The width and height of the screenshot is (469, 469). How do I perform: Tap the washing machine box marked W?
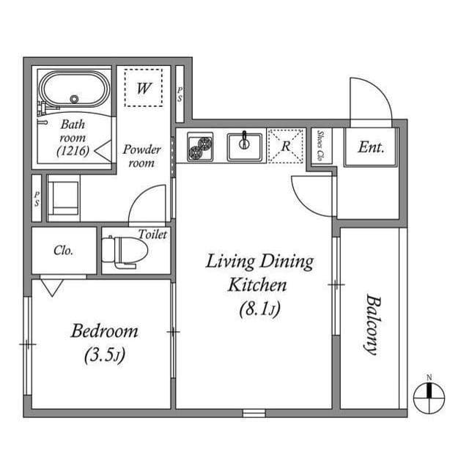[144, 89]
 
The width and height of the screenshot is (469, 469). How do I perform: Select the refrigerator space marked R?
[287, 146]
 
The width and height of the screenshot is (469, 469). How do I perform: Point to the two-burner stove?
[199, 147]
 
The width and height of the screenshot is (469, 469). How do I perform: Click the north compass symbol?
[429, 396]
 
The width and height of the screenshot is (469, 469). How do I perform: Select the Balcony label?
[372, 324]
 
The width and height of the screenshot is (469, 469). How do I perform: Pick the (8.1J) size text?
[259, 310]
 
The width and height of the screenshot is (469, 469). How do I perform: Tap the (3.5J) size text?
[104, 356]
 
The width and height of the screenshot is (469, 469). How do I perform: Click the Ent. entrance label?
[371, 147]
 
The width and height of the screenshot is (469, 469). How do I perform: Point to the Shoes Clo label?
[321, 147]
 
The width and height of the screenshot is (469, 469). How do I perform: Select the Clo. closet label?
[64, 251]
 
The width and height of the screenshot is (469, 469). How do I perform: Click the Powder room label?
[141, 156]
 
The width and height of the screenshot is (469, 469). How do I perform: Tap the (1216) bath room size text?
[73, 152]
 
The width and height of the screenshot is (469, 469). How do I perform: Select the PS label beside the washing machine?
[180, 95]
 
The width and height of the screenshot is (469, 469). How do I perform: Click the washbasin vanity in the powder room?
[64, 196]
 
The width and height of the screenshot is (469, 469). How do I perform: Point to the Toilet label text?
[153, 234]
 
